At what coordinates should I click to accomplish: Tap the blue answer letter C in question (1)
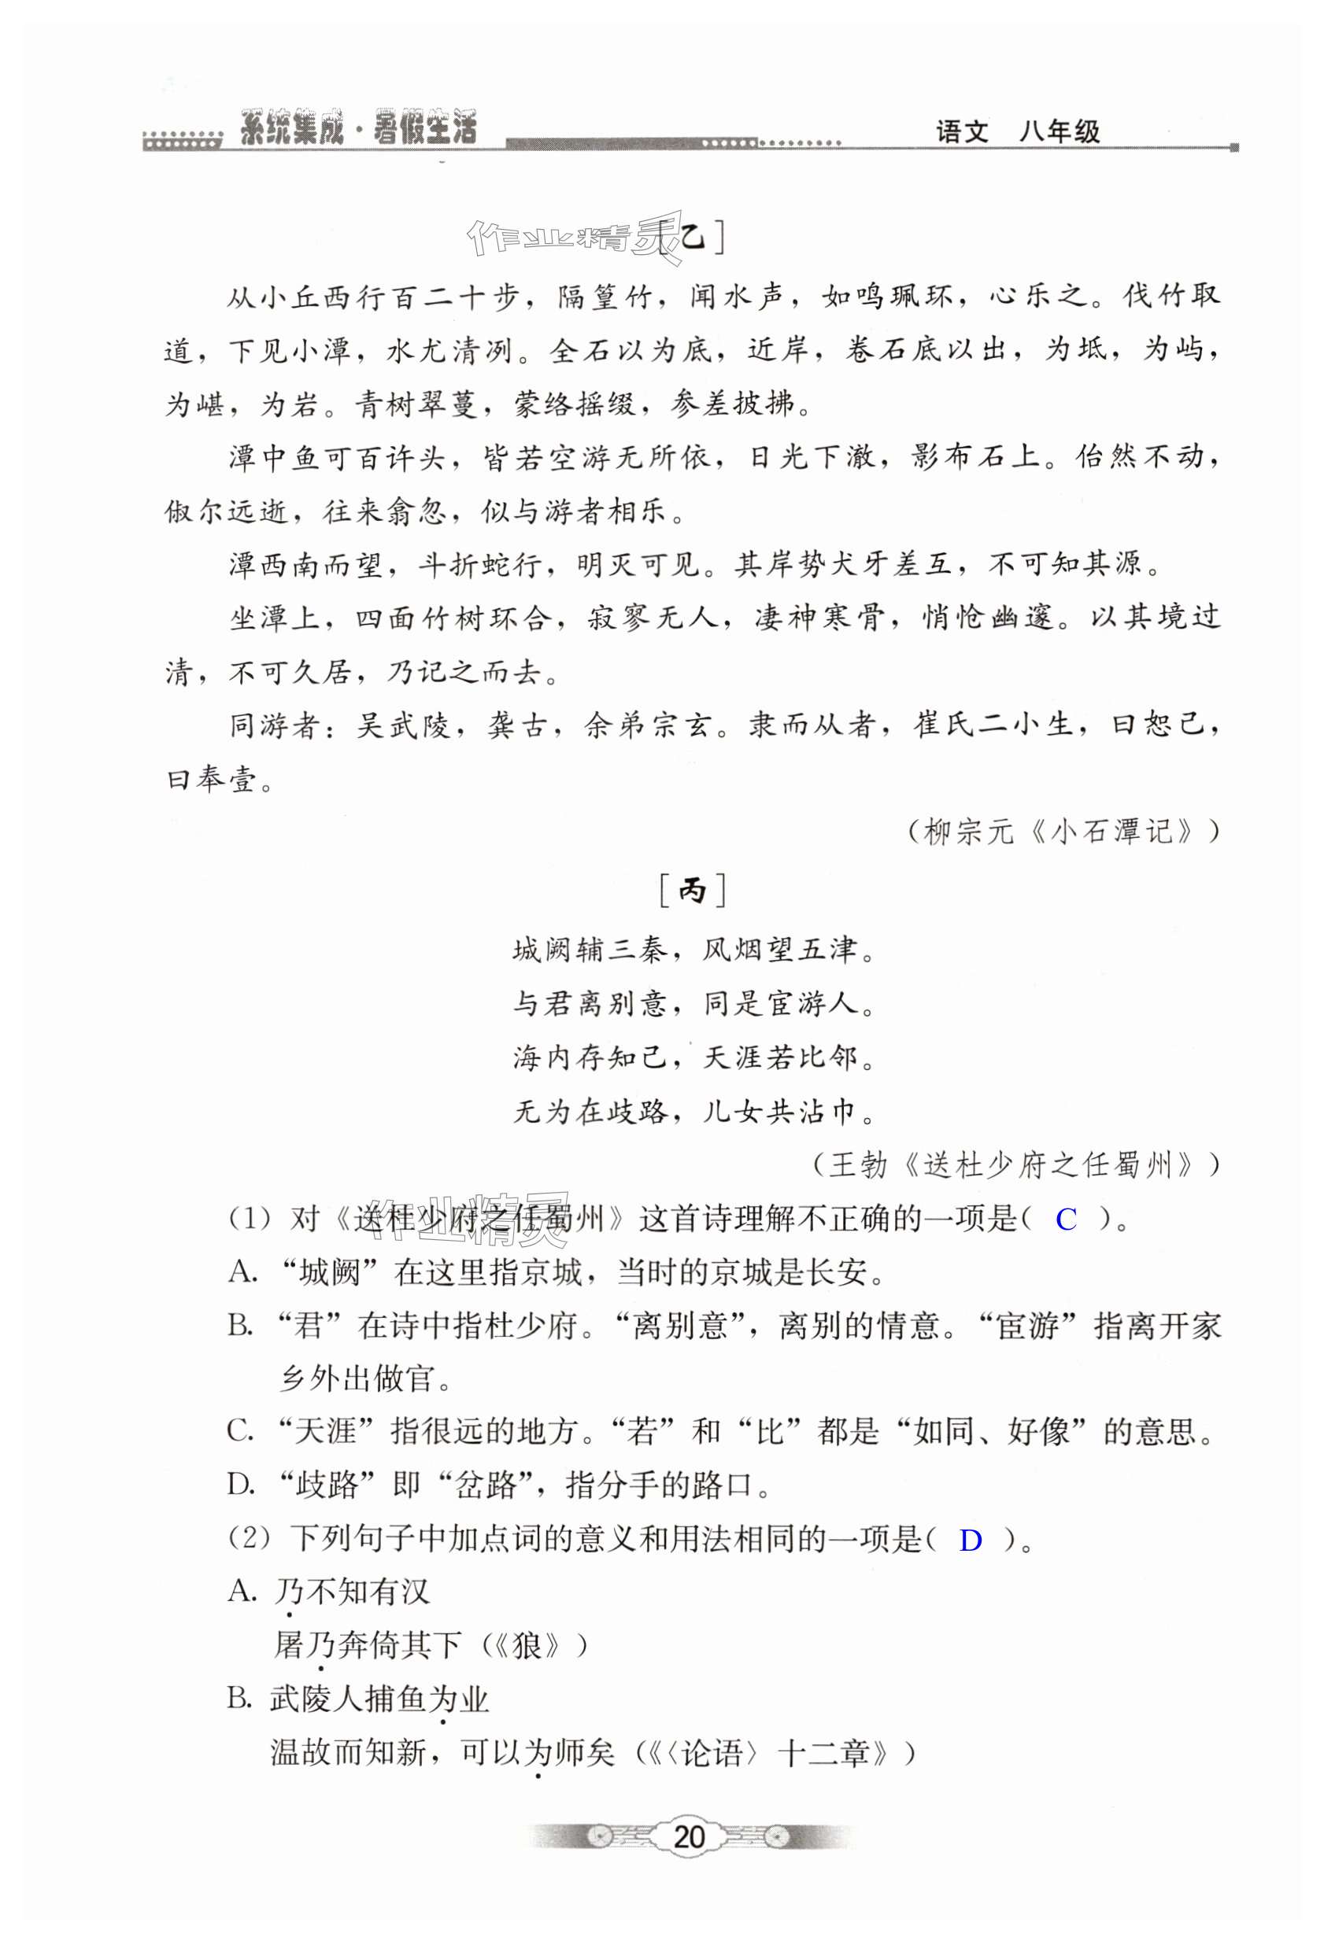tap(1065, 1220)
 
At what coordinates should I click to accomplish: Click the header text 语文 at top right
tap(961, 132)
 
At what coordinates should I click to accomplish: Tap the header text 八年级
tap(1060, 132)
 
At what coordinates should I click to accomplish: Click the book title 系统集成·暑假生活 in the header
tap(357, 130)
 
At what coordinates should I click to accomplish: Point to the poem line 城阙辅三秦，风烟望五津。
tap(693, 950)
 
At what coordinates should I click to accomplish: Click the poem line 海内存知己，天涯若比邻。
tap(693, 1058)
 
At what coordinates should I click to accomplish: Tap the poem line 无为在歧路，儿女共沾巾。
tap(693, 1112)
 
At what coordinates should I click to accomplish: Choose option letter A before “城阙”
tap(242, 1273)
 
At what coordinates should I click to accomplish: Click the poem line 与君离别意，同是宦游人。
tap(693, 1004)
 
